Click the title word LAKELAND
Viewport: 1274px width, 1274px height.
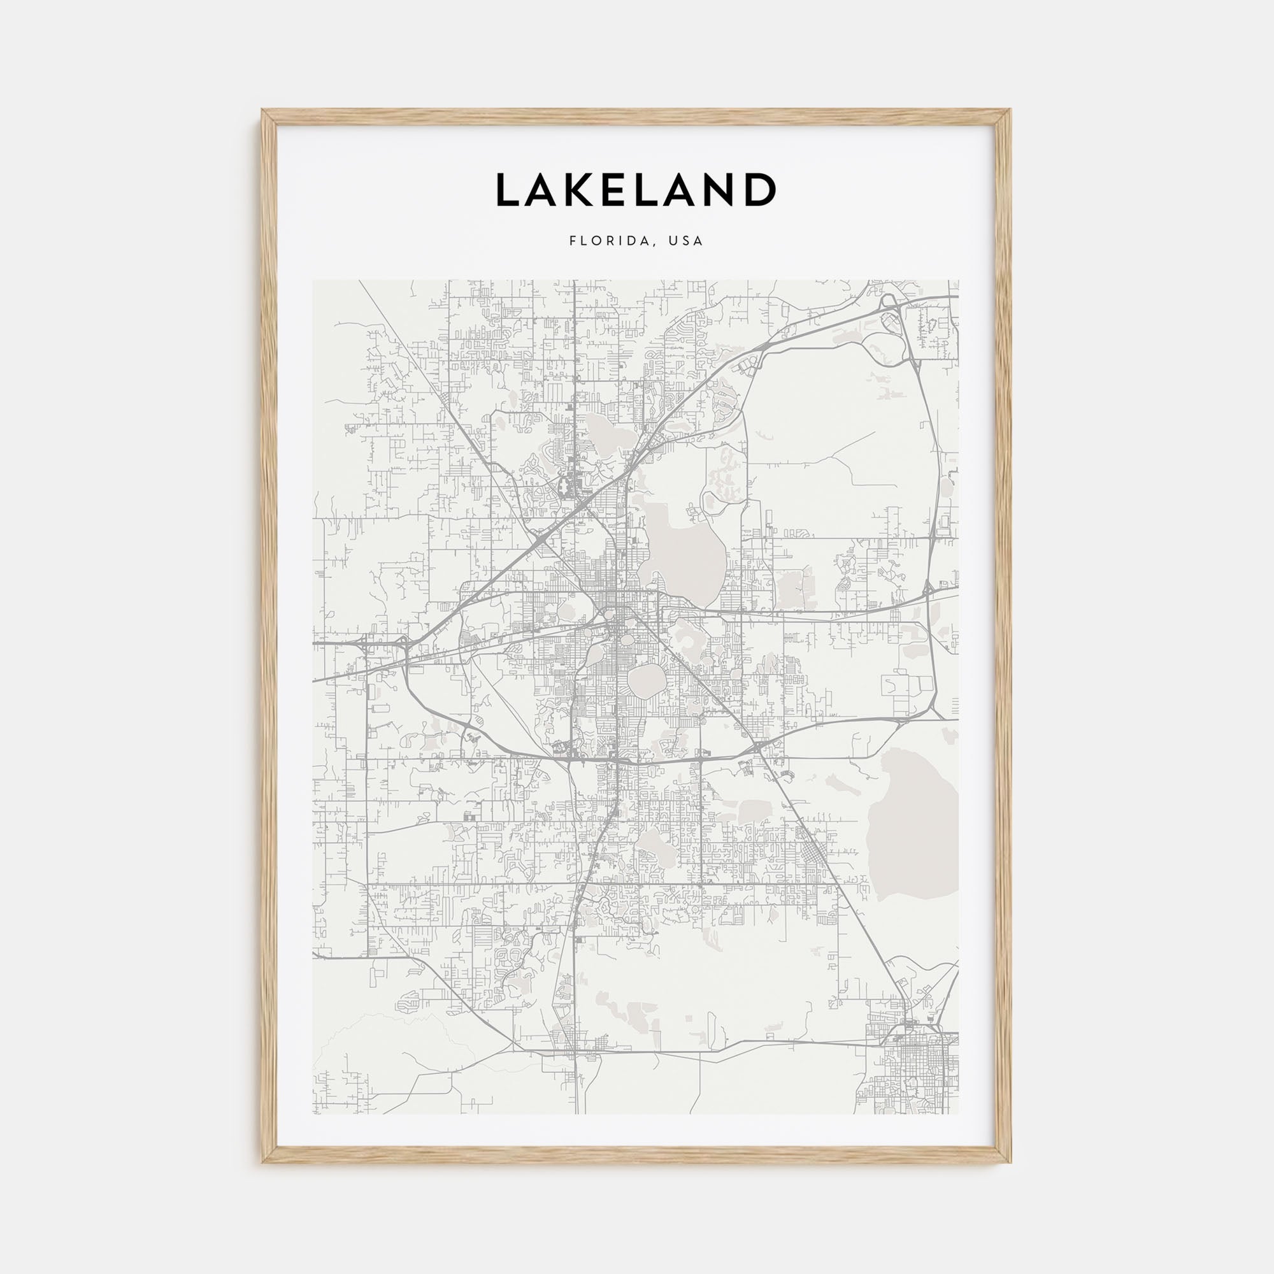click(x=636, y=190)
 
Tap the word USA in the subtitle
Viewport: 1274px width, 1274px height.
click(x=686, y=241)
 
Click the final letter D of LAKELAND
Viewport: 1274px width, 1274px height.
click(x=760, y=190)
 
